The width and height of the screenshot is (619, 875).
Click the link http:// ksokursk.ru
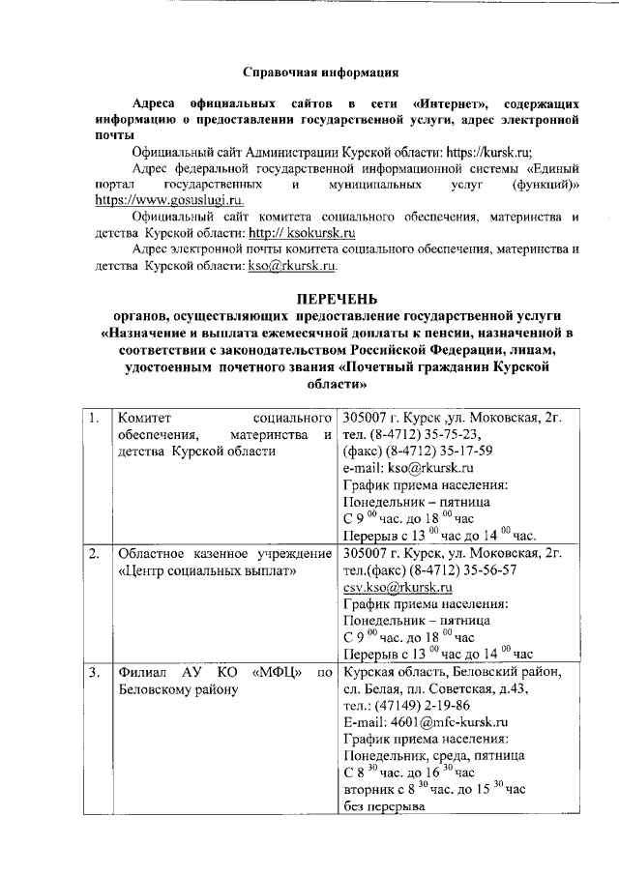coord(302,233)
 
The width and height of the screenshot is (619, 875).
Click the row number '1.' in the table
coord(94,418)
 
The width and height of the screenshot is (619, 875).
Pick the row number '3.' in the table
coord(94,671)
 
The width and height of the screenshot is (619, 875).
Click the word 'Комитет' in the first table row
coord(143,418)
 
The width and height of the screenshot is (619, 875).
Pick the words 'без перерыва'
coord(385,806)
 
